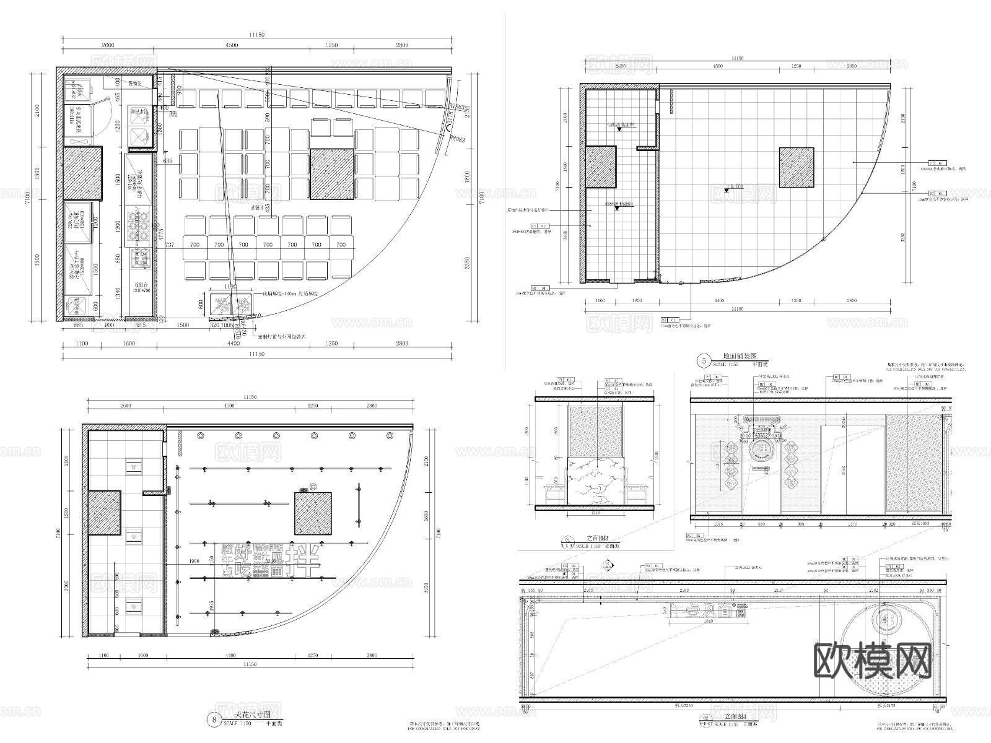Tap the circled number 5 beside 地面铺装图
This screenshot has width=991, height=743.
coord(703,360)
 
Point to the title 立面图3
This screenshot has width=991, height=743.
coord(598,539)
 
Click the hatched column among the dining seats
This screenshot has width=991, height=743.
coord(332,174)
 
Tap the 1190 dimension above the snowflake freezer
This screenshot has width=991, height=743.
coord(230,287)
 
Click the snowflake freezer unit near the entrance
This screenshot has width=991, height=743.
coord(231,305)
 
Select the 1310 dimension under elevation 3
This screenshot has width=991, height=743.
coord(596,513)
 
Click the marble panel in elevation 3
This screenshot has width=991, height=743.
coord(596,482)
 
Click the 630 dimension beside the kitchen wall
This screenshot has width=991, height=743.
coord(168,161)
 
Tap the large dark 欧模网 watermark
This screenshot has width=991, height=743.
coord(872,662)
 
